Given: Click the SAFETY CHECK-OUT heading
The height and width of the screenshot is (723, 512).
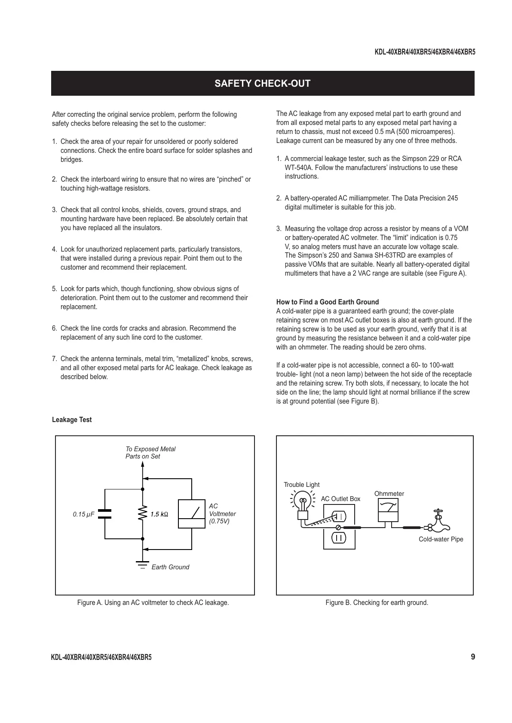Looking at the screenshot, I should tap(262, 83).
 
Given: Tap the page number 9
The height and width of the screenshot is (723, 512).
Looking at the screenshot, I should tap(473, 657).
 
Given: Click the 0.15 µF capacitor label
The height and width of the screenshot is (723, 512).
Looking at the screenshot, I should tap(83, 514).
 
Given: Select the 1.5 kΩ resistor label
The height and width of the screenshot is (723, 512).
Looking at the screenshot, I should tap(159, 514).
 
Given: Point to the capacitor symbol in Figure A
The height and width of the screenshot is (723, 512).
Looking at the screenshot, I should tap(105, 514).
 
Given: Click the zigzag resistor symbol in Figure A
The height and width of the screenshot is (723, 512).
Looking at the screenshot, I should tap(142, 514).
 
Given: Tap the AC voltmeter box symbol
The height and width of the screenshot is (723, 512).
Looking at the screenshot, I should tap(192, 514).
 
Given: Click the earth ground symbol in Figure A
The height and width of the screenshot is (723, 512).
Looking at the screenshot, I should tap(142, 564).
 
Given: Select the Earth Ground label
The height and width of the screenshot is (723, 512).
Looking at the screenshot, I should tap(170, 567).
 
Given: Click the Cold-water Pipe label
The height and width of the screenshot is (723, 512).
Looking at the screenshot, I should tap(441, 539).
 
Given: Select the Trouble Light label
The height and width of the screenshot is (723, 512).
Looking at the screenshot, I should tap(301, 485).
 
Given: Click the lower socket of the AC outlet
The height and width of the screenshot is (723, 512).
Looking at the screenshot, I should tap(339, 537).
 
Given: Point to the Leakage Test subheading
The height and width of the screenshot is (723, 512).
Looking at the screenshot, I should tap(72, 420).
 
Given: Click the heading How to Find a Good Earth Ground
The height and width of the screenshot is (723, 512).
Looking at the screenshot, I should tap(327, 302).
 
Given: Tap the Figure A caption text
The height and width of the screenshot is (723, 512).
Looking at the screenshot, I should tap(153, 603).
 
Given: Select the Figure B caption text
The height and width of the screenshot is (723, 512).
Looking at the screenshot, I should tap(377, 603).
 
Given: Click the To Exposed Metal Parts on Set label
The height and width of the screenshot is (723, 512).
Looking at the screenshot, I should tap(150, 453).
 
